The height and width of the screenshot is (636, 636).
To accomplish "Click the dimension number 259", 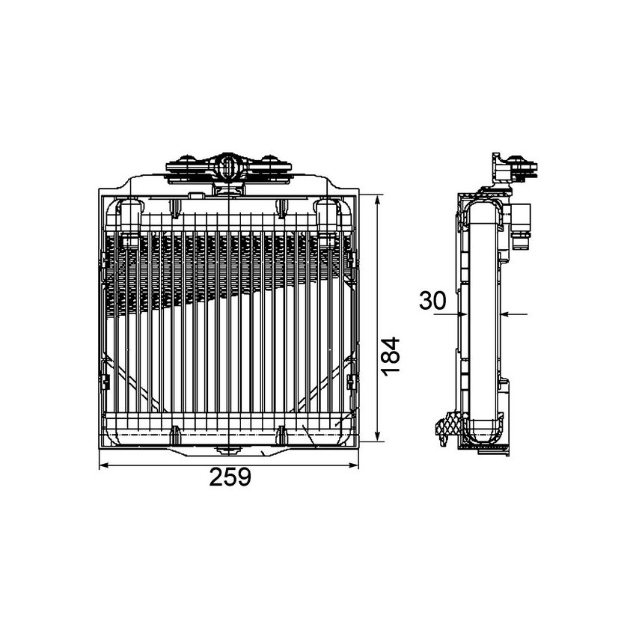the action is (x=230, y=477).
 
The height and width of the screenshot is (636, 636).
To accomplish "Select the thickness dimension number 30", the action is (x=432, y=301).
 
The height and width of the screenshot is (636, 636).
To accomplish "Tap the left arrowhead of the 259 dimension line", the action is (x=104, y=465).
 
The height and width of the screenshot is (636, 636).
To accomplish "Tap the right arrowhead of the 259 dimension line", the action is (x=354, y=465).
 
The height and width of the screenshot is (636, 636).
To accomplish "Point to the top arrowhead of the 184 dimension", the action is (x=378, y=200).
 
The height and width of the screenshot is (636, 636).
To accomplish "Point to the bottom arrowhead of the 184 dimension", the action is (x=378, y=436).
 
